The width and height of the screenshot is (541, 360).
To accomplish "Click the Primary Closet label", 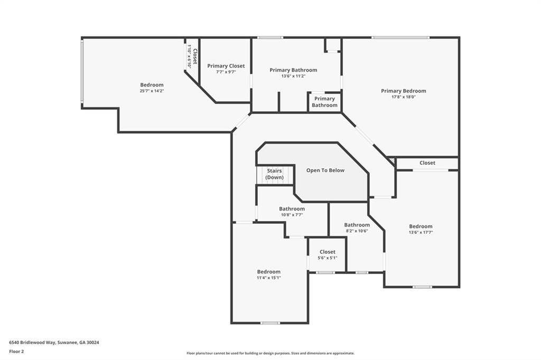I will pos(226,66).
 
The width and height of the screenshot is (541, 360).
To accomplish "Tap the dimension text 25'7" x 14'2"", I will pos(152,91).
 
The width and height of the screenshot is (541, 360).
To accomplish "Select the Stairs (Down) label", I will pos(274,174).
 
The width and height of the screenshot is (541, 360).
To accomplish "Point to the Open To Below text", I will pos(325,170).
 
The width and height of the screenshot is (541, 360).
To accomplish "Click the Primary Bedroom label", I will pos(403,91).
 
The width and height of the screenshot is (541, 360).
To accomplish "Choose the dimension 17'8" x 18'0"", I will pos(403,97).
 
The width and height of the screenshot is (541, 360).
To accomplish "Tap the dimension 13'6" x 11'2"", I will pos(293,76).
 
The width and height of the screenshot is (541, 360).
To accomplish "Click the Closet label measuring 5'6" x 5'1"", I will pos(327,252).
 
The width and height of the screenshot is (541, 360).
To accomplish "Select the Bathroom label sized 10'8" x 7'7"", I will pos(292,209).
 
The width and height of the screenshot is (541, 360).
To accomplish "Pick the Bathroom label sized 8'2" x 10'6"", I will pos(357,225).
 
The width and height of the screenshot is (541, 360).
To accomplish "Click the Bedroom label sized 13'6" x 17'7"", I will pos(421,226).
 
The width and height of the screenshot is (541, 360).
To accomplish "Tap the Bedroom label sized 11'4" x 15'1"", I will pos(268,271).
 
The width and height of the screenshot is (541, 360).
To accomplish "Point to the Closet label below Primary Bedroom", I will pos(427,163).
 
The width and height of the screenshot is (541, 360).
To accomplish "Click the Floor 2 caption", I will pos(16,350).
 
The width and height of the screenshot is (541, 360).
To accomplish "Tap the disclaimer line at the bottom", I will pos(270,353).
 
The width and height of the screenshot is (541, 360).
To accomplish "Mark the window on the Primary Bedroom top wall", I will pos(400,37).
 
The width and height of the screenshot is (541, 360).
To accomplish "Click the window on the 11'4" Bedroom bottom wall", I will pos(270,323).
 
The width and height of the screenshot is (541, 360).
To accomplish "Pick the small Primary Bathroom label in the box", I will pos(324,102).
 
